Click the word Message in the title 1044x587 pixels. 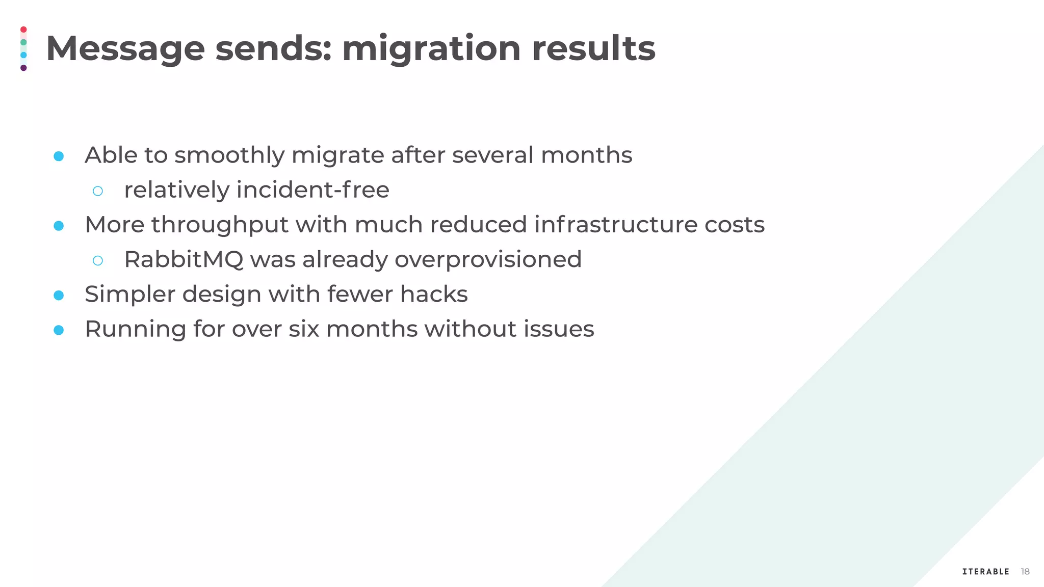[125, 49]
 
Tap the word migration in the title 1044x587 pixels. [431, 49]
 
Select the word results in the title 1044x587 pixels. [593, 49]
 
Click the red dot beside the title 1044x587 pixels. [23, 30]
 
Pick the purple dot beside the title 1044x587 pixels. [23, 68]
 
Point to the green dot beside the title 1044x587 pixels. [23, 42]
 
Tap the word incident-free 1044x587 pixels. [312, 190]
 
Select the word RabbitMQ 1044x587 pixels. [184, 259]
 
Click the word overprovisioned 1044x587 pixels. [488, 259]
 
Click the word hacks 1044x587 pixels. [433, 294]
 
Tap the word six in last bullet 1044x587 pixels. [304, 329]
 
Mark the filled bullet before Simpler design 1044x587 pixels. [59, 295]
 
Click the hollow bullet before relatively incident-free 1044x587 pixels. [98, 191]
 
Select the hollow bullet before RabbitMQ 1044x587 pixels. [98, 260]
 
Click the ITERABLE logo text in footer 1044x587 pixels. [985, 572]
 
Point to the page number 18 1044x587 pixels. [1025, 572]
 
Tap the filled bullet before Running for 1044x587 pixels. [59, 330]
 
